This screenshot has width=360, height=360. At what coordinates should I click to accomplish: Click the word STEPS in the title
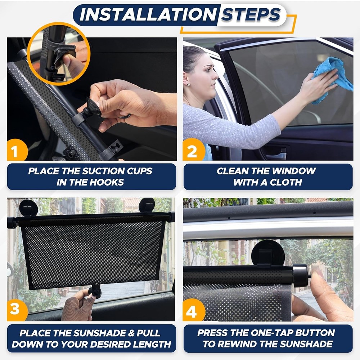pyautogui.click(x=251, y=14)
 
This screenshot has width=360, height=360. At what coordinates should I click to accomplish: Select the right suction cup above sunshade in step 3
pyautogui.click(x=147, y=206)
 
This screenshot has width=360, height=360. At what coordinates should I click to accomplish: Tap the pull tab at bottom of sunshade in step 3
pyautogui.click(x=96, y=289)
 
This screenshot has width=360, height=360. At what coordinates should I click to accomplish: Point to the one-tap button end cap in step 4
pyautogui.click(x=301, y=276)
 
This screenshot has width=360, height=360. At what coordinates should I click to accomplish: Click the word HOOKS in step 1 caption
pyautogui.click(x=108, y=182)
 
